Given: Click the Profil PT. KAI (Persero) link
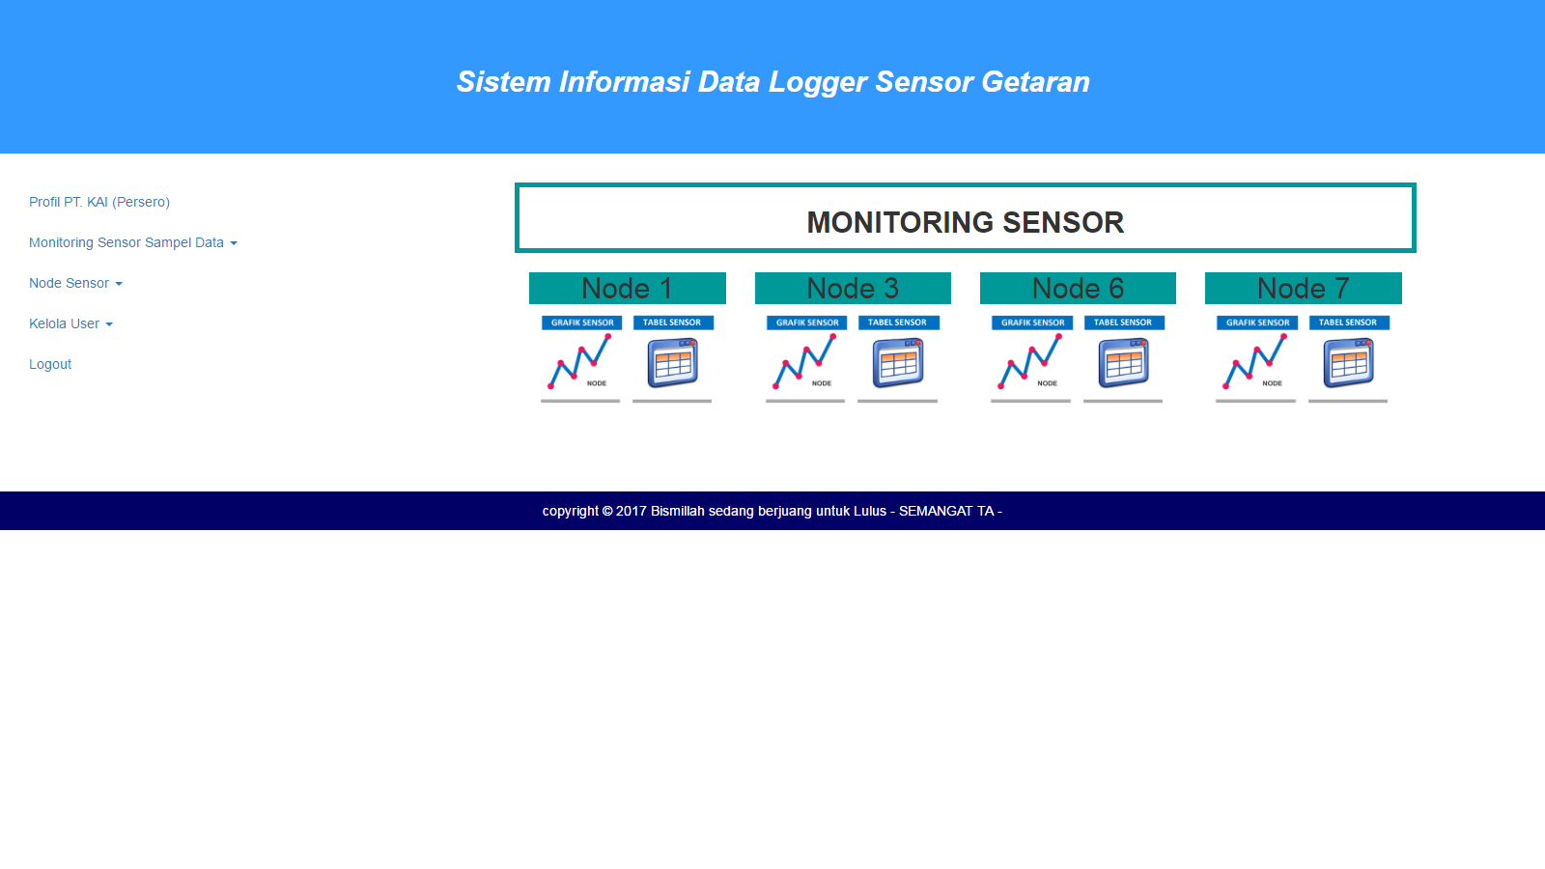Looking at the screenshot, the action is (99, 202).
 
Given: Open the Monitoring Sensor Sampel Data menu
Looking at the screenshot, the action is (133, 242).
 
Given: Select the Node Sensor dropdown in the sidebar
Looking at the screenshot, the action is (76, 284).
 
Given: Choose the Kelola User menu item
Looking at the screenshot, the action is (71, 323).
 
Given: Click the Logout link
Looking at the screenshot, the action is (50, 364).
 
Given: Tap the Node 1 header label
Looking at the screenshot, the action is (627, 289).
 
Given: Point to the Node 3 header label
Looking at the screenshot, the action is (853, 289).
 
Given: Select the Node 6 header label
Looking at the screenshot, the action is (1078, 289).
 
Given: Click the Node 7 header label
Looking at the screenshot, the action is (1303, 289).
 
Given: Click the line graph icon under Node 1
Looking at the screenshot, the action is (580, 361).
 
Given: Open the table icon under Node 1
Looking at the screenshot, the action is (672, 363).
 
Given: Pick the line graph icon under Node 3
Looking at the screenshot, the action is (805, 361).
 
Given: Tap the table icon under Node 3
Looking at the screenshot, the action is (898, 363).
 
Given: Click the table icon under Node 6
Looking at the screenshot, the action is (1124, 363).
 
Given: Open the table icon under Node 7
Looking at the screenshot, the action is (1348, 363).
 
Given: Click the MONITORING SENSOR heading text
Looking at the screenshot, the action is (965, 223).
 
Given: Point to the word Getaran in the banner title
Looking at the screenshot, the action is (1035, 82).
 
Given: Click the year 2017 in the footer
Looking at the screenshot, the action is (632, 511).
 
